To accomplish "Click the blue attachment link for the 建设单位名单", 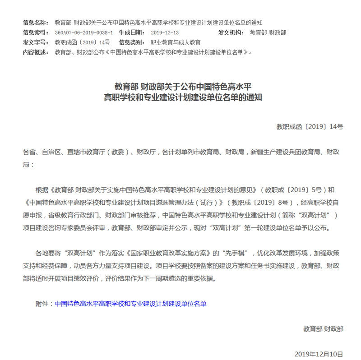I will click(x=130, y=304).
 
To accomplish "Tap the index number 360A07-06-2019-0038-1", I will click(x=83, y=32).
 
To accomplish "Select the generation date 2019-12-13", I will click(x=165, y=32).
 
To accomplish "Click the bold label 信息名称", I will click(x=35, y=23).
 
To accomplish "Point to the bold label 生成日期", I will click(x=132, y=32).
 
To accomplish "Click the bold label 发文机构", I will click(x=231, y=32).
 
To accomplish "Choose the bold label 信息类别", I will click(x=132, y=42).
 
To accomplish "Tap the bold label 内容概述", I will click(x=35, y=52).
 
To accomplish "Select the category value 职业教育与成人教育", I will click(x=176, y=42).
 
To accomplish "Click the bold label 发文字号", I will click(x=35, y=42).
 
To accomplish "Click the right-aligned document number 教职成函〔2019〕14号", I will click(x=310, y=127).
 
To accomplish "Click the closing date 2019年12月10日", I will click(x=319, y=354).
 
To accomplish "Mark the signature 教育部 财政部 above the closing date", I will click(x=323, y=329).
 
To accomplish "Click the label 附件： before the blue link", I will click(x=44, y=304).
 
